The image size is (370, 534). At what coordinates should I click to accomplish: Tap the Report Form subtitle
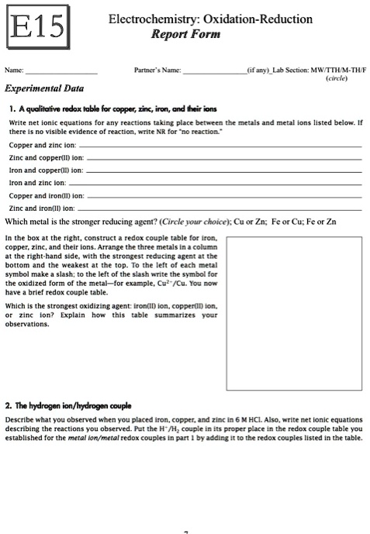[186, 34]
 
